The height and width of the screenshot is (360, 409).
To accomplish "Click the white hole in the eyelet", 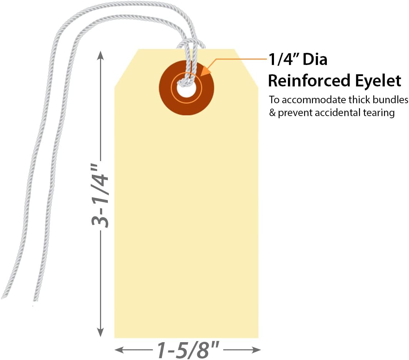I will click(x=186, y=91).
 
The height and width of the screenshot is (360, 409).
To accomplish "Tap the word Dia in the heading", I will click(x=315, y=60).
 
